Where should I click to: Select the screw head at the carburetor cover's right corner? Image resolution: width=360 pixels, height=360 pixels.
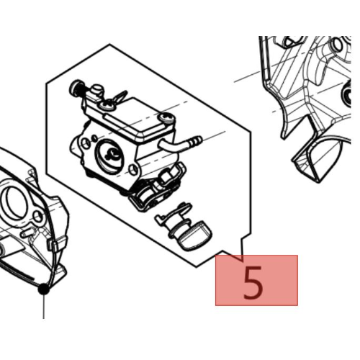(167, 117)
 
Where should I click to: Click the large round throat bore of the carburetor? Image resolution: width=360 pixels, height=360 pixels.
(111, 156)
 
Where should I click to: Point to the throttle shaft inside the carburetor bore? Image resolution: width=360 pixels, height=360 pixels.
(112, 153)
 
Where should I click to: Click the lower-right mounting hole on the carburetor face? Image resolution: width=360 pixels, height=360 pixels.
(133, 170)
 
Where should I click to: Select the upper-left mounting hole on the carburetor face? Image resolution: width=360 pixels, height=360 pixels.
(85, 143)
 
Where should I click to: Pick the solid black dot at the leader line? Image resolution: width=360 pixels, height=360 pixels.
(44, 289)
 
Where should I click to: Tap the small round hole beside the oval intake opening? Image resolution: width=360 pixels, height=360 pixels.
(37, 217)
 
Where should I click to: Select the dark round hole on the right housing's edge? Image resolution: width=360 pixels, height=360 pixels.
(347, 95)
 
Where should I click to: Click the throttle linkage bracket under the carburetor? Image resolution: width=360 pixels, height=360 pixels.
(157, 189)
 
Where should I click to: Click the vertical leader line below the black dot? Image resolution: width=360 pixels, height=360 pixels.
(44, 307)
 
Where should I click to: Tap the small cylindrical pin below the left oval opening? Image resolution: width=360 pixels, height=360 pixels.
(27, 232)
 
